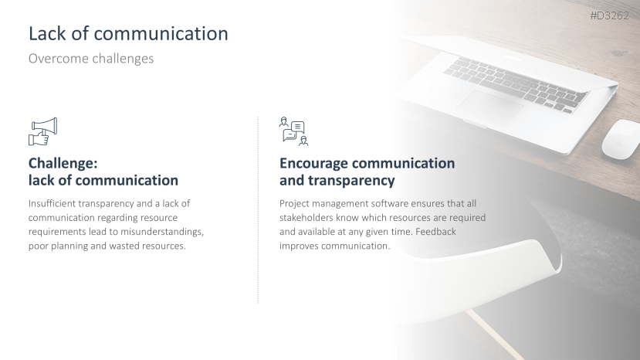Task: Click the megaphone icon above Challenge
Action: [x=43, y=131]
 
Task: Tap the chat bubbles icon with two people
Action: [x=294, y=131]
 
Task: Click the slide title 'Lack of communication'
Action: [x=128, y=33]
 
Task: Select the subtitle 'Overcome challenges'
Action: [x=91, y=59]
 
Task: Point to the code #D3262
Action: [x=609, y=16]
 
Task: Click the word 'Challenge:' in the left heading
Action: [x=63, y=164]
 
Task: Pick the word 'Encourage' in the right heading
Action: [x=313, y=164]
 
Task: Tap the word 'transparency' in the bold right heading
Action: [x=351, y=181]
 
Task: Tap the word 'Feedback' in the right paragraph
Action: [x=435, y=232]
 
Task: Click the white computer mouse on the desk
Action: [x=620, y=139]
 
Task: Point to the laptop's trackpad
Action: [x=489, y=107]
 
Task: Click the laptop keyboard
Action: [x=516, y=83]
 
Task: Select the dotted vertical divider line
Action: [x=258, y=210]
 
